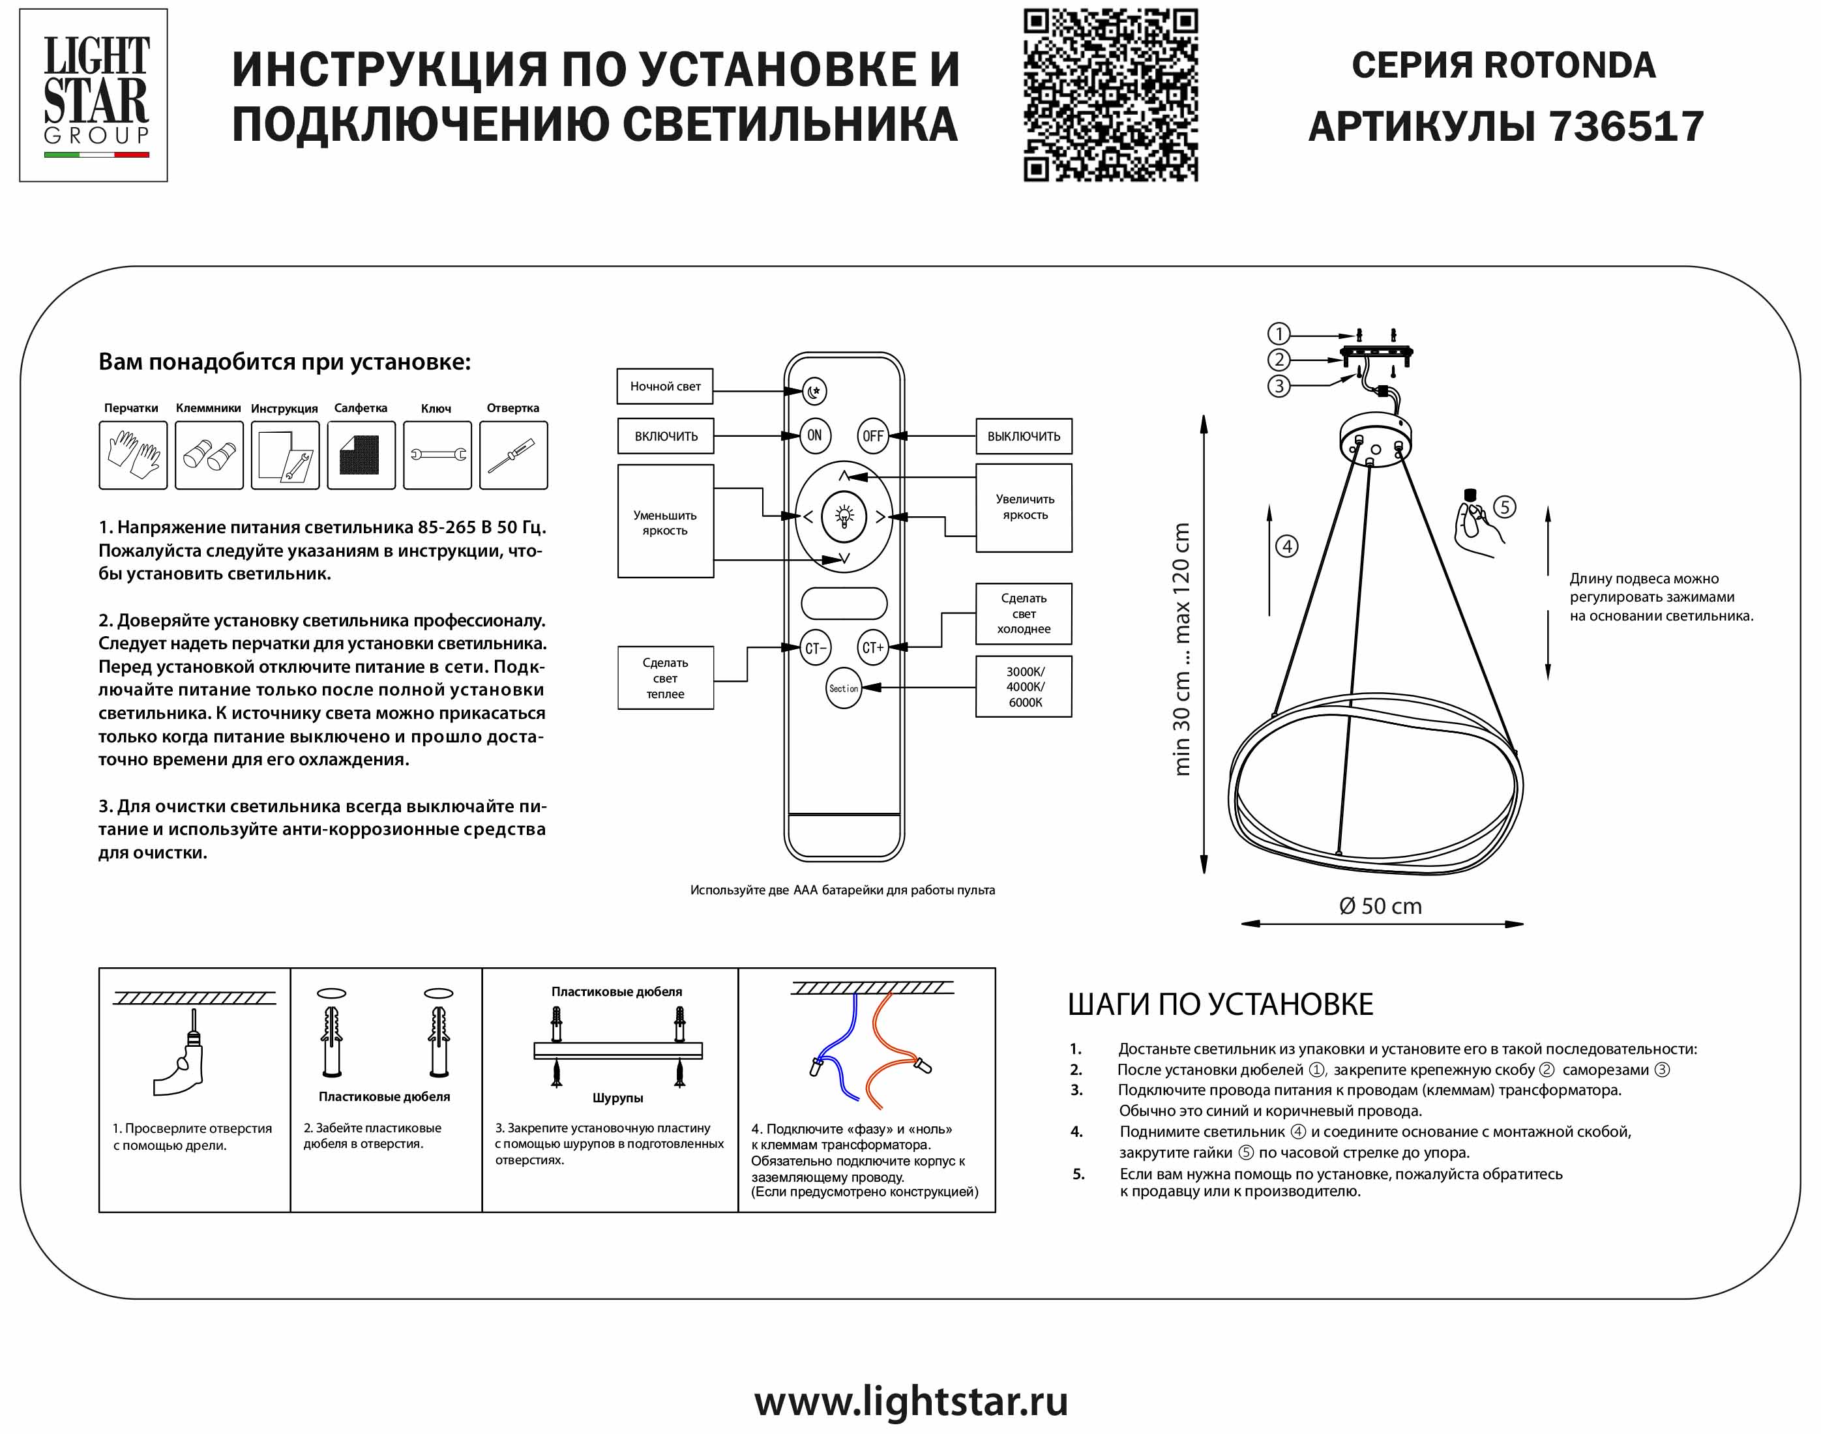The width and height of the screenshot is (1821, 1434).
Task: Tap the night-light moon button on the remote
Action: click(x=814, y=391)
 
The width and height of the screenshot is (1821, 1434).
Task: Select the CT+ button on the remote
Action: click(x=873, y=647)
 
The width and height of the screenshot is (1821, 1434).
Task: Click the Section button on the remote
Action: click(x=844, y=688)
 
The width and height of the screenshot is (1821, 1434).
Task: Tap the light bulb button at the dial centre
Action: click(x=844, y=516)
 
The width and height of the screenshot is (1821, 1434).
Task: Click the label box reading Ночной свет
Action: click(x=665, y=387)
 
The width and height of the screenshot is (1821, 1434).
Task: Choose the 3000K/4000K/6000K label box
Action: click(x=1024, y=687)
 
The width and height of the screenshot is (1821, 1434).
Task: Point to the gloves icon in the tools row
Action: click(x=132, y=455)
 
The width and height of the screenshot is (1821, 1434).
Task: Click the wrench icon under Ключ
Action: click(x=437, y=455)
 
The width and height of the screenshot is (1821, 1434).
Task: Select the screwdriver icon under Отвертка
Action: click(x=513, y=455)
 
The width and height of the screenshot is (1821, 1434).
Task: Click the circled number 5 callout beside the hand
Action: click(x=1505, y=507)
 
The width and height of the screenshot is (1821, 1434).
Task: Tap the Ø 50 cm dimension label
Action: click(x=1380, y=907)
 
